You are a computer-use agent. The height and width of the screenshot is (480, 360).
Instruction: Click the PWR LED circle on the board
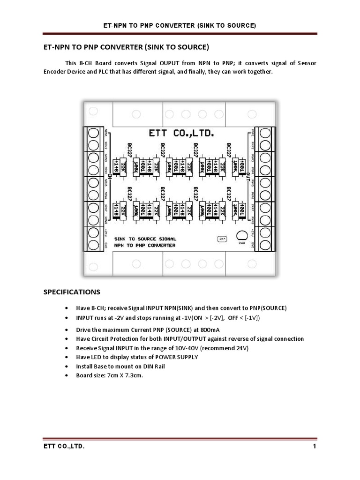[242, 236]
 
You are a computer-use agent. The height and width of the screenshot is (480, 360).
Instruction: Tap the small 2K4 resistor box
[222, 239]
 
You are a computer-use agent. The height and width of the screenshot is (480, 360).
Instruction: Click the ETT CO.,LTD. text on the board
[181, 134]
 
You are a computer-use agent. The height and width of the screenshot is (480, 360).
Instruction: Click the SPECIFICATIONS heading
[72, 292]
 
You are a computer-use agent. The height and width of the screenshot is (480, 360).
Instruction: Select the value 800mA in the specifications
[212, 330]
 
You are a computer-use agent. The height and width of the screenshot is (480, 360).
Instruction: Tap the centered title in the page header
[180, 25]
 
